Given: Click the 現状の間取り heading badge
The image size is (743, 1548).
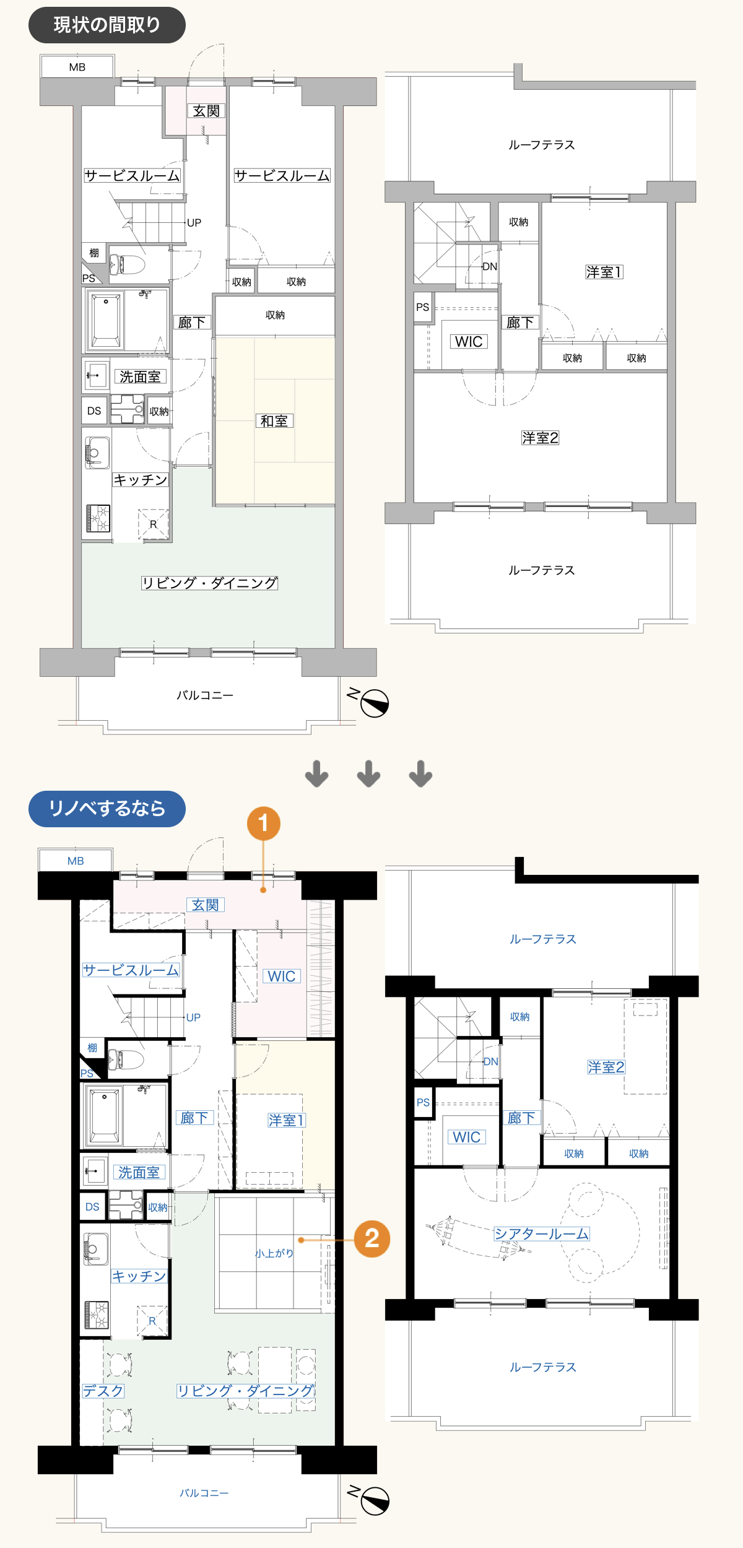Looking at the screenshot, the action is click(107, 25).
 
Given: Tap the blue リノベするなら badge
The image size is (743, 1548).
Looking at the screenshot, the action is click(107, 809).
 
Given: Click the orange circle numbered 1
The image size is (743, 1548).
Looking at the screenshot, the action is click(264, 824).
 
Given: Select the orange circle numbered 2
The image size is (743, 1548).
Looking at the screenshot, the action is click(372, 1239).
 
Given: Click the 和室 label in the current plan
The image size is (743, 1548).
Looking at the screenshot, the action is click(274, 421).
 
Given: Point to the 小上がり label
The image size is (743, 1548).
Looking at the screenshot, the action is click(274, 1253).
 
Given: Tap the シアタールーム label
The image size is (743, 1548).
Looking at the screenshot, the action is click(542, 1234).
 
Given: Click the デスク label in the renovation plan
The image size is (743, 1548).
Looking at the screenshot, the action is click(103, 1391).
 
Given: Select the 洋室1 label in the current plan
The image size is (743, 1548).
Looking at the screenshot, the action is click(604, 272).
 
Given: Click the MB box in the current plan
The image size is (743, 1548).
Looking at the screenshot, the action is click(77, 66).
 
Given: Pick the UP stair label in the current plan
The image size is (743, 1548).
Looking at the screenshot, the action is click(194, 223).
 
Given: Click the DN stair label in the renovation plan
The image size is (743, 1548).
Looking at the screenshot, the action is click(490, 1061).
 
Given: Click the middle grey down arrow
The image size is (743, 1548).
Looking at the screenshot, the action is click(369, 774).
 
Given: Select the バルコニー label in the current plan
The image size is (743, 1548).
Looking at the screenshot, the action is click(205, 695).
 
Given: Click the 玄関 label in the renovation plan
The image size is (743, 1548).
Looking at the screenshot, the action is click(205, 905).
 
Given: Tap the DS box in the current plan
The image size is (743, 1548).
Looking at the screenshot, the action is click(94, 411).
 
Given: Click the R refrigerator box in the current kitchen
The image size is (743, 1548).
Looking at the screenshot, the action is click(153, 524).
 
